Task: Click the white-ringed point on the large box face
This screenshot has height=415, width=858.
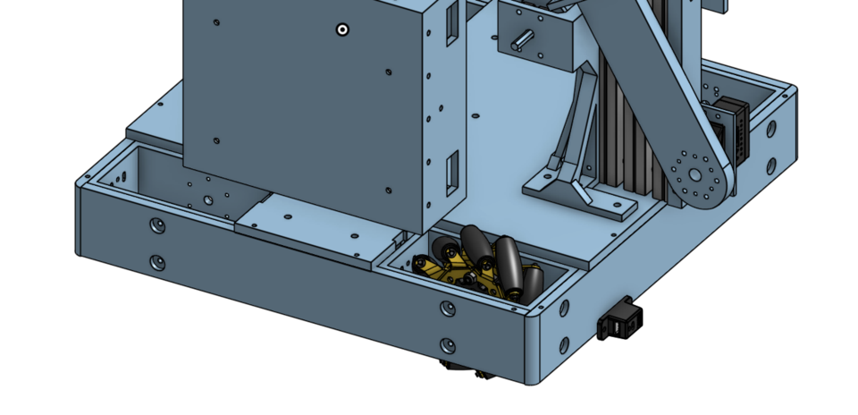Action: coord(342,30)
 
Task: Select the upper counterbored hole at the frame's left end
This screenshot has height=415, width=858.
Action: coord(157,224)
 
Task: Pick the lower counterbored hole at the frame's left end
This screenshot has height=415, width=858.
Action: coord(157,262)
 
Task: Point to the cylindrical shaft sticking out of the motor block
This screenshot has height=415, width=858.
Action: coord(521,39)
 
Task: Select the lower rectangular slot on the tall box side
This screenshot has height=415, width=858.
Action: coord(451,171)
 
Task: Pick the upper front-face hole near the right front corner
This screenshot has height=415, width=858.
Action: coord(447,309)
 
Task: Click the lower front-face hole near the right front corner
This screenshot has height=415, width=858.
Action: coord(447,345)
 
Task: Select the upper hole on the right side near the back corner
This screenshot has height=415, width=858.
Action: coord(770,129)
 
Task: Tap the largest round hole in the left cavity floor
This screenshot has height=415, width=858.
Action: coord(208,200)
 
